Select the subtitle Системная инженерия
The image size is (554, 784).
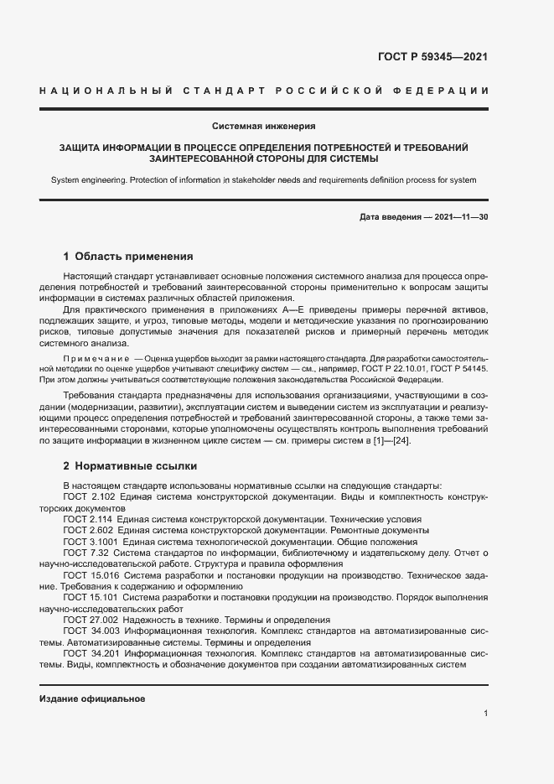point(263,127)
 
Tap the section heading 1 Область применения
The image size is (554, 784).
point(128,257)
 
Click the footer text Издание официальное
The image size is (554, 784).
point(92,698)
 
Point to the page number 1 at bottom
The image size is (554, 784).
point(485,714)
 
